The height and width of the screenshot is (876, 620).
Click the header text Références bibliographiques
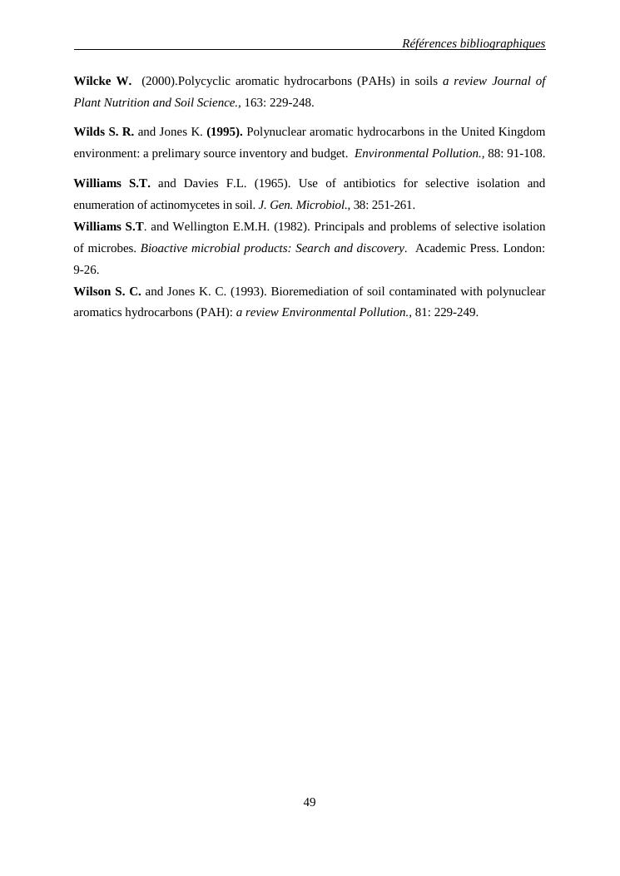point(473,43)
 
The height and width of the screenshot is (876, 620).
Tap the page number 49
point(310,802)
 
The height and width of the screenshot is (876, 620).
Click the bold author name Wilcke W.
point(102,82)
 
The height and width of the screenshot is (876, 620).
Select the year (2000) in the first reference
point(159,82)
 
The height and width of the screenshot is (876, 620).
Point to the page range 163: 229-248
point(279,103)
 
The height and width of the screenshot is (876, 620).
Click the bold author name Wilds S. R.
point(103,132)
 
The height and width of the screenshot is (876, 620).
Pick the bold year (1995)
point(225,132)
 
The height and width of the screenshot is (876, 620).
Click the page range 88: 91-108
point(516,154)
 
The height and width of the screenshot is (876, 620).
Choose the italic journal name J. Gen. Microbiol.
point(303,205)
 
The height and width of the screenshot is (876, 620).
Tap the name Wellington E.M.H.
point(221,227)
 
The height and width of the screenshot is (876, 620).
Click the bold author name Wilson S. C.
point(107,292)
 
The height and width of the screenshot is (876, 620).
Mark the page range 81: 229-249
point(446,314)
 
